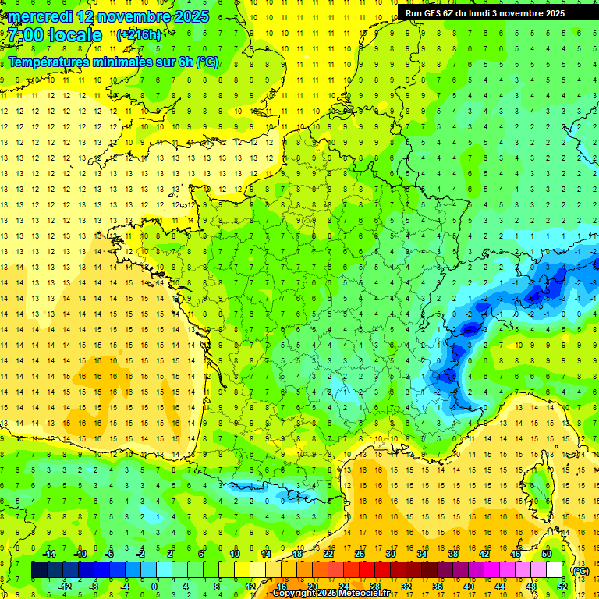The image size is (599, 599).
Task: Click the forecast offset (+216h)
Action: (x=139, y=34)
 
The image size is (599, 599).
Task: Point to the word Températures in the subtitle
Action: (x=52, y=62)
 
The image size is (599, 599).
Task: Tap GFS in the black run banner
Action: (x=434, y=13)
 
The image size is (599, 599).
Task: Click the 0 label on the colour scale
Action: (x=154, y=587)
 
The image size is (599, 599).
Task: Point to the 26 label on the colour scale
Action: (x=359, y=554)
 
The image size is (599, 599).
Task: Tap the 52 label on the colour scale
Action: (x=562, y=587)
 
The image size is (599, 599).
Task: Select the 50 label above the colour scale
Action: (x=547, y=554)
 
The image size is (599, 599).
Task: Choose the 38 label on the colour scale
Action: (x=453, y=554)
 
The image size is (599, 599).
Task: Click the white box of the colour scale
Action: (x=555, y=570)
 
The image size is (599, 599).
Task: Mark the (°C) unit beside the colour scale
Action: (x=581, y=570)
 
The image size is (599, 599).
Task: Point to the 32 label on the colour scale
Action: (x=406, y=587)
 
